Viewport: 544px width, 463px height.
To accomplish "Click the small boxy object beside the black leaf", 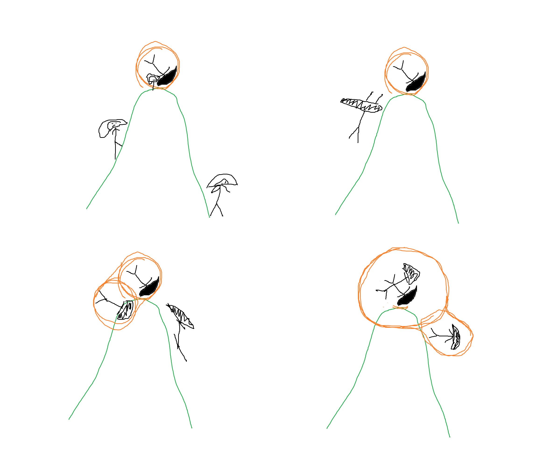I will pyautogui.click(x=152, y=79).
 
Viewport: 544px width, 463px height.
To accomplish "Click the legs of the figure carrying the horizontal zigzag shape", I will pyautogui.click(x=356, y=132).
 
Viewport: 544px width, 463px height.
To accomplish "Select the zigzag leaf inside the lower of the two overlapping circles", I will pyautogui.click(x=126, y=310).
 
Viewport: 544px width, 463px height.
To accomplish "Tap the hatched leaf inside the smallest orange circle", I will pyautogui.click(x=456, y=337).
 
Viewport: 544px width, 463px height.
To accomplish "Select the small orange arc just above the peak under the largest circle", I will pyautogui.click(x=400, y=307).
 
